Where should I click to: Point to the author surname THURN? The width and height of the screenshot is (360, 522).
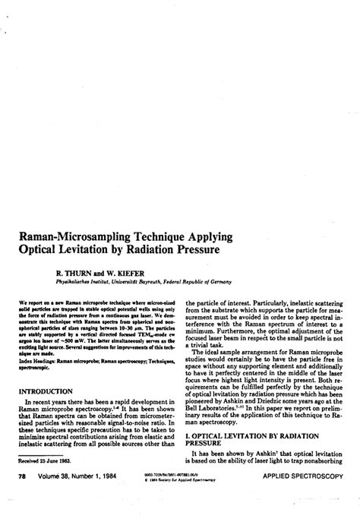[85, 269]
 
